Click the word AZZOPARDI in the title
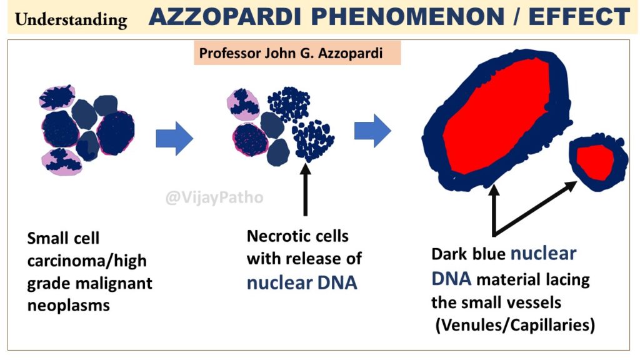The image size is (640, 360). tap(224, 17)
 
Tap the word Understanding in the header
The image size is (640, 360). tap(71, 19)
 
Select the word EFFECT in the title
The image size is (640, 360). tap(579, 17)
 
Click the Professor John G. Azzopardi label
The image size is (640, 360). tap(291, 53)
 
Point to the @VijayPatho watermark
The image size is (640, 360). tap(214, 197)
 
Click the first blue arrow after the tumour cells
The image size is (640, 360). tap(174, 138)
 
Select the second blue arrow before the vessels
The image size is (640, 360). tap(372, 131)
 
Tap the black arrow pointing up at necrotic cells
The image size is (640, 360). tap(305, 189)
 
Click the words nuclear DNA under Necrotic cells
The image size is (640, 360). tap(302, 282)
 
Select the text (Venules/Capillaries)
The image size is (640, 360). tap(515, 325)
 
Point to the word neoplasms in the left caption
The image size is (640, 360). tap(69, 306)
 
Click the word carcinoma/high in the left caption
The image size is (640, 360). tap(87, 261)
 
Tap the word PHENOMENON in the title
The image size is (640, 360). tap(407, 17)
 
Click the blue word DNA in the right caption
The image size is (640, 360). tap(451, 279)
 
